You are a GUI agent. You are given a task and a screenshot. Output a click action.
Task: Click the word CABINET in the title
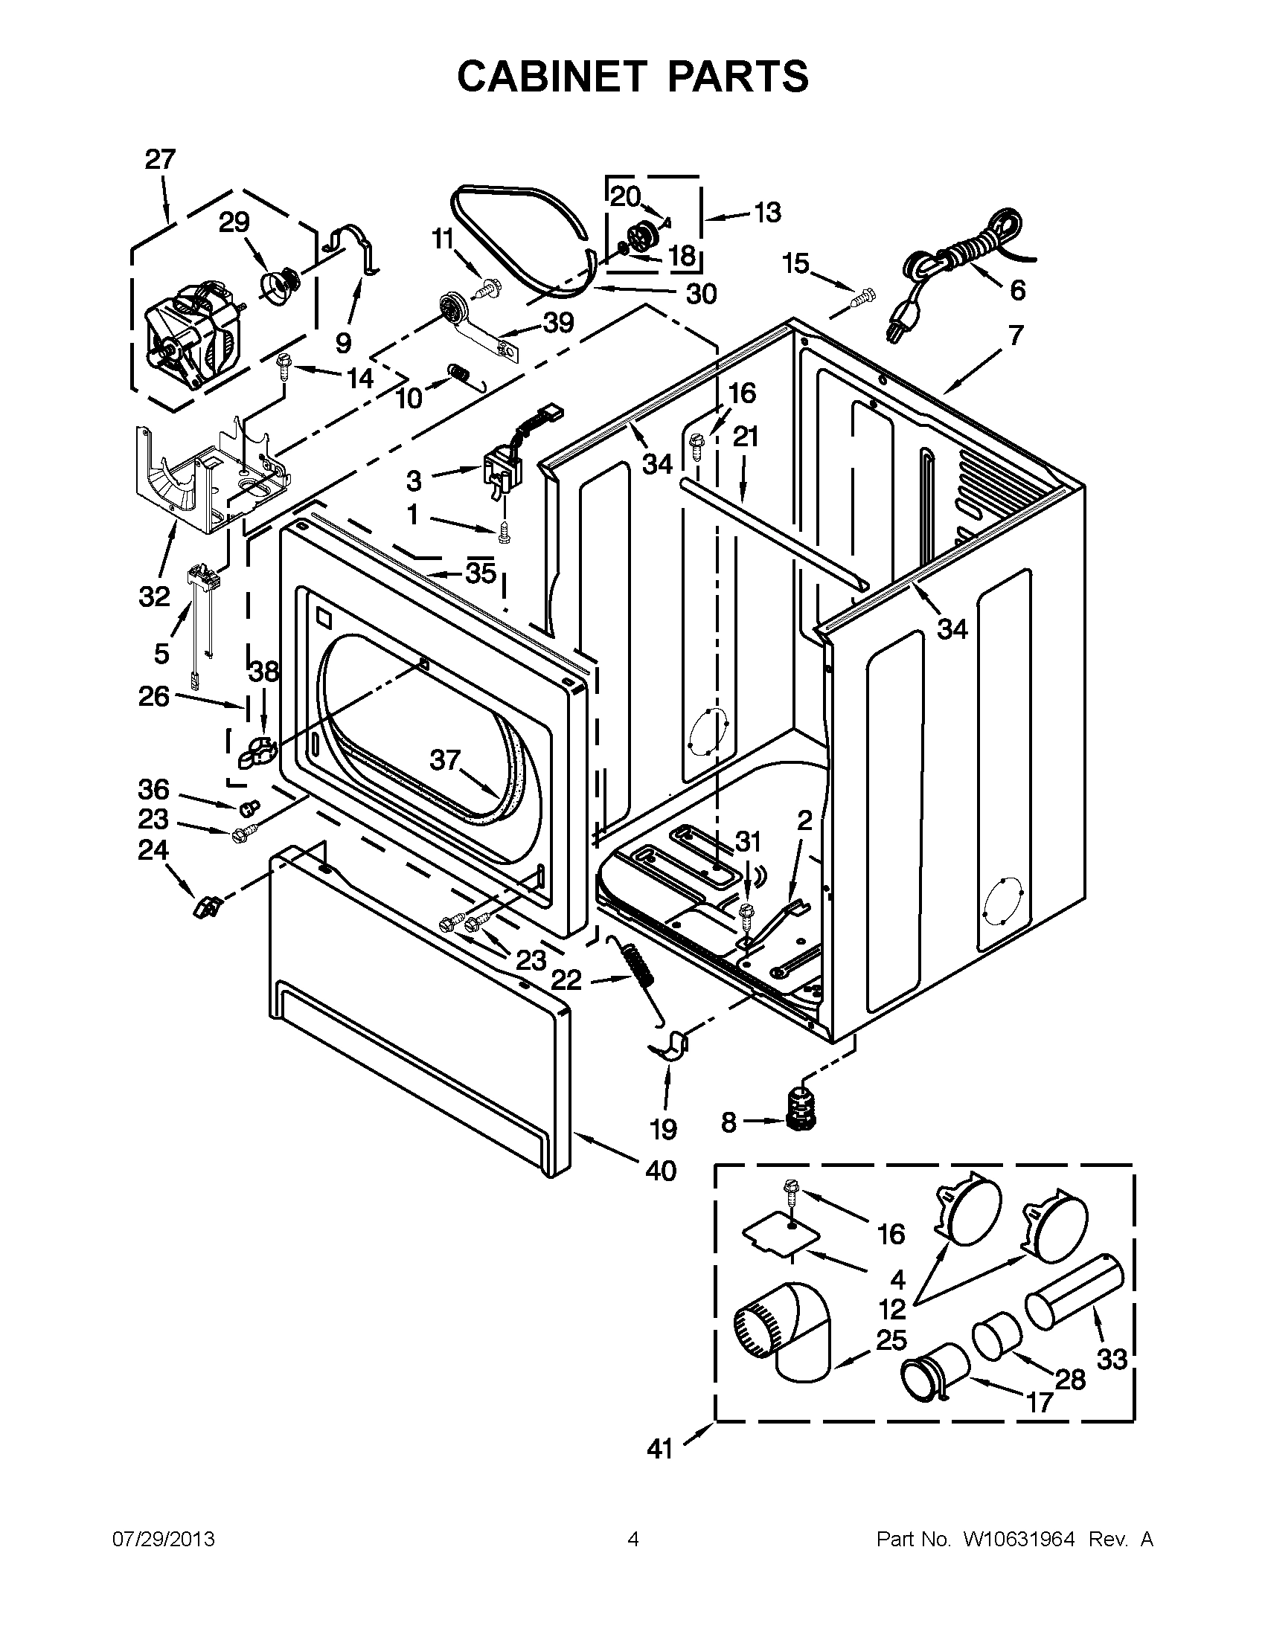pyautogui.click(x=551, y=77)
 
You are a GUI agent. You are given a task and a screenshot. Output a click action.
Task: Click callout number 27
pyautogui.click(x=159, y=160)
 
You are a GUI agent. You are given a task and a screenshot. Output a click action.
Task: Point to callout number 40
pyautogui.click(x=660, y=1170)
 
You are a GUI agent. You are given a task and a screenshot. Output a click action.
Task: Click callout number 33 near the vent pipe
pyautogui.click(x=1111, y=1357)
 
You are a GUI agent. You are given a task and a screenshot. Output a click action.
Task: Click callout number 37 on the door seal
pyautogui.click(x=444, y=761)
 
